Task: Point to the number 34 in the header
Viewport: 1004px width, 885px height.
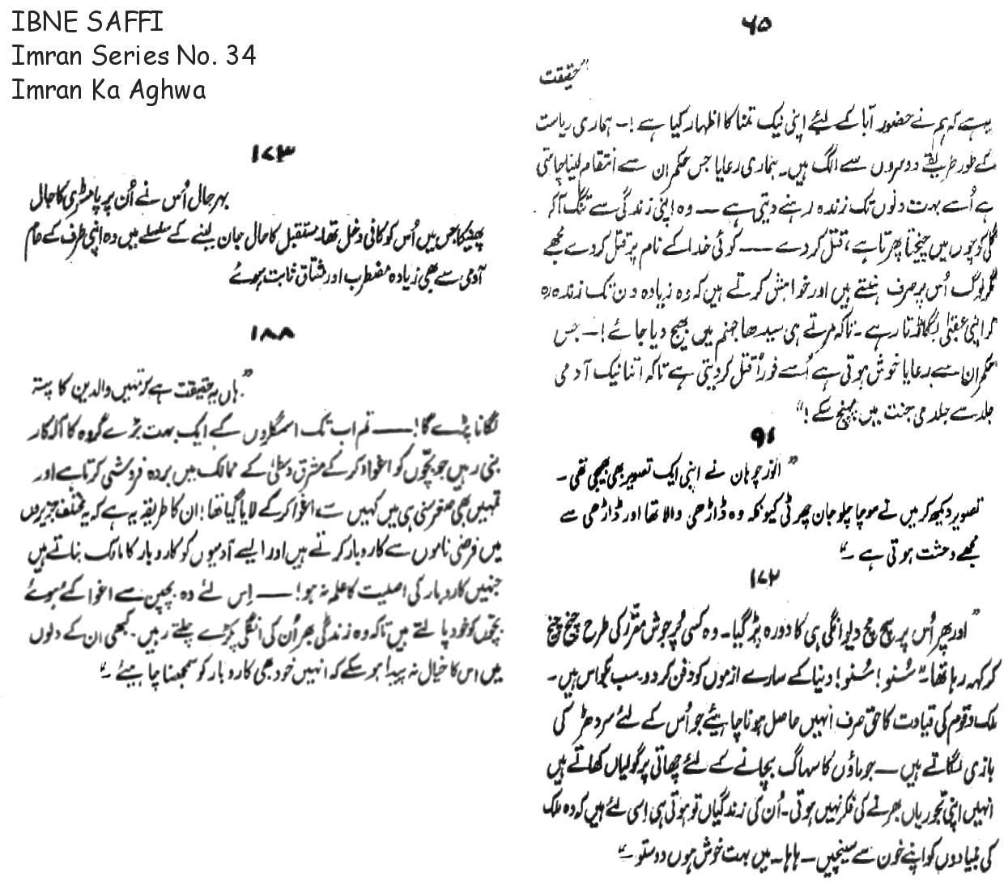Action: [x=240, y=55]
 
